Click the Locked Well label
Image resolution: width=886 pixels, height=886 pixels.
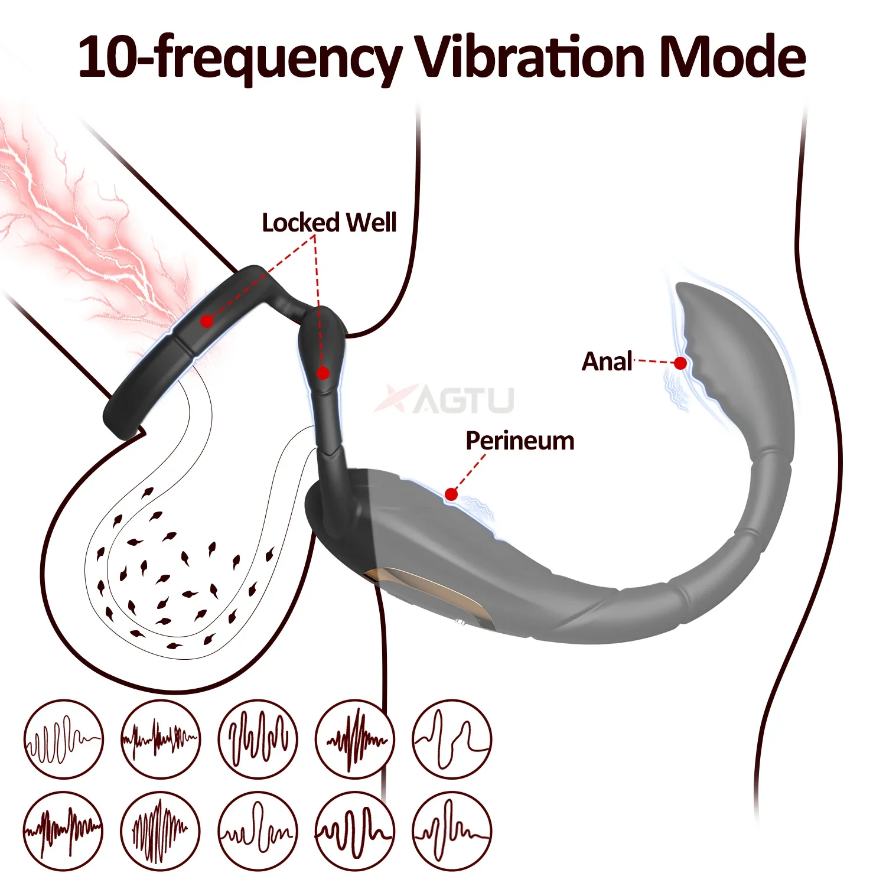(x=329, y=223)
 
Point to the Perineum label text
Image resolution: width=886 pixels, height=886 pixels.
(x=520, y=441)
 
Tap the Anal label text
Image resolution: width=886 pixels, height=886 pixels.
(x=607, y=361)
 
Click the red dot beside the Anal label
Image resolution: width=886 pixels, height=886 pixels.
(x=680, y=363)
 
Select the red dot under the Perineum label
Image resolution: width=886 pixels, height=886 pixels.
(x=451, y=494)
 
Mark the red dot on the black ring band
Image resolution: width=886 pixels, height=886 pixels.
(x=206, y=321)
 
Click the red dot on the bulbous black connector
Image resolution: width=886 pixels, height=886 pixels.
(x=323, y=373)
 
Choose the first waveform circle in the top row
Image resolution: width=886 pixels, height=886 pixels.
(x=63, y=739)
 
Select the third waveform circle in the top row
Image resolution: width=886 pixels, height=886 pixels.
(x=258, y=739)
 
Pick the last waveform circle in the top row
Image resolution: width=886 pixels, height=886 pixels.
(x=452, y=739)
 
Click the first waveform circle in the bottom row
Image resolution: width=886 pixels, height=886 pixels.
(x=63, y=831)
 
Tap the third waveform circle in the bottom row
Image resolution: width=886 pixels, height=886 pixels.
(x=258, y=831)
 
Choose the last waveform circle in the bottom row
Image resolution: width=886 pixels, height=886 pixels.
(x=452, y=831)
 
